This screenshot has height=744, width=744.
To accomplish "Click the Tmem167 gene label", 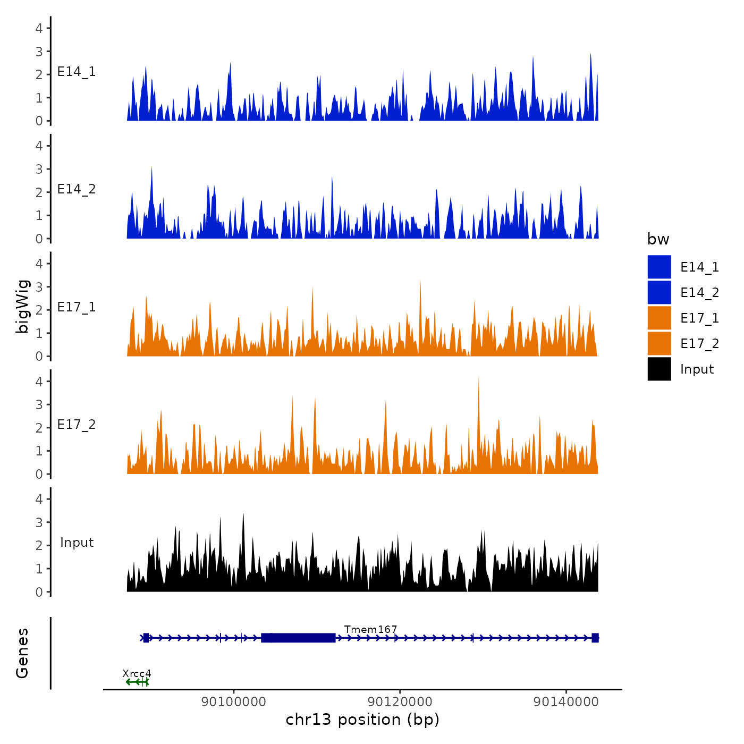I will pyautogui.click(x=370, y=629).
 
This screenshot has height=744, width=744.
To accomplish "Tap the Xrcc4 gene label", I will pyautogui.click(x=137, y=673).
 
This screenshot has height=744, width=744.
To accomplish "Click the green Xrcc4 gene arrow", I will pyautogui.click(x=137, y=682).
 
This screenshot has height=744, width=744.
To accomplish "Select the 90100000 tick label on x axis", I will pyautogui.click(x=234, y=701).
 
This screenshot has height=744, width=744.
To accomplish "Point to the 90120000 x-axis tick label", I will pyautogui.click(x=400, y=701).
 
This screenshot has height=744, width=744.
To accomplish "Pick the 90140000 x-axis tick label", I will pyautogui.click(x=566, y=701).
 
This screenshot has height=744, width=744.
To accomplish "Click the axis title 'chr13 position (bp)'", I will pyautogui.click(x=362, y=720).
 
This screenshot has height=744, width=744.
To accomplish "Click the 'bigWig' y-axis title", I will pyautogui.click(x=22, y=307).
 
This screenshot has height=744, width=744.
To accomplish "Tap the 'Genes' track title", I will pyautogui.click(x=22, y=653).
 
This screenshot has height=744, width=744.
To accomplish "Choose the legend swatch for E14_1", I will pyautogui.click(x=659, y=267).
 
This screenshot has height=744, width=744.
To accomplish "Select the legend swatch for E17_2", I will pyautogui.click(x=659, y=343).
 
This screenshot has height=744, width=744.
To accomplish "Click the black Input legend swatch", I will pyautogui.click(x=659, y=369).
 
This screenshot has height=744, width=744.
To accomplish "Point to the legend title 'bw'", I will pyautogui.click(x=658, y=239).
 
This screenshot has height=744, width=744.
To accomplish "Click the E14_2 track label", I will pyautogui.click(x=77, y=189).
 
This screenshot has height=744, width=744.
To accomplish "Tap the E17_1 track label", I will pyautogui.click(x=77, y=307).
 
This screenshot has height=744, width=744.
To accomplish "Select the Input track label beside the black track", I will pyautogui.click(x=77, y=543).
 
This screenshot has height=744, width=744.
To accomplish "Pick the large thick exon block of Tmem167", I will pyautogui.click(x=299, y=638).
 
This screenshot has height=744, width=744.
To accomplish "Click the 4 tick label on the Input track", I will pyautogui.click(x=39, y=499).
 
